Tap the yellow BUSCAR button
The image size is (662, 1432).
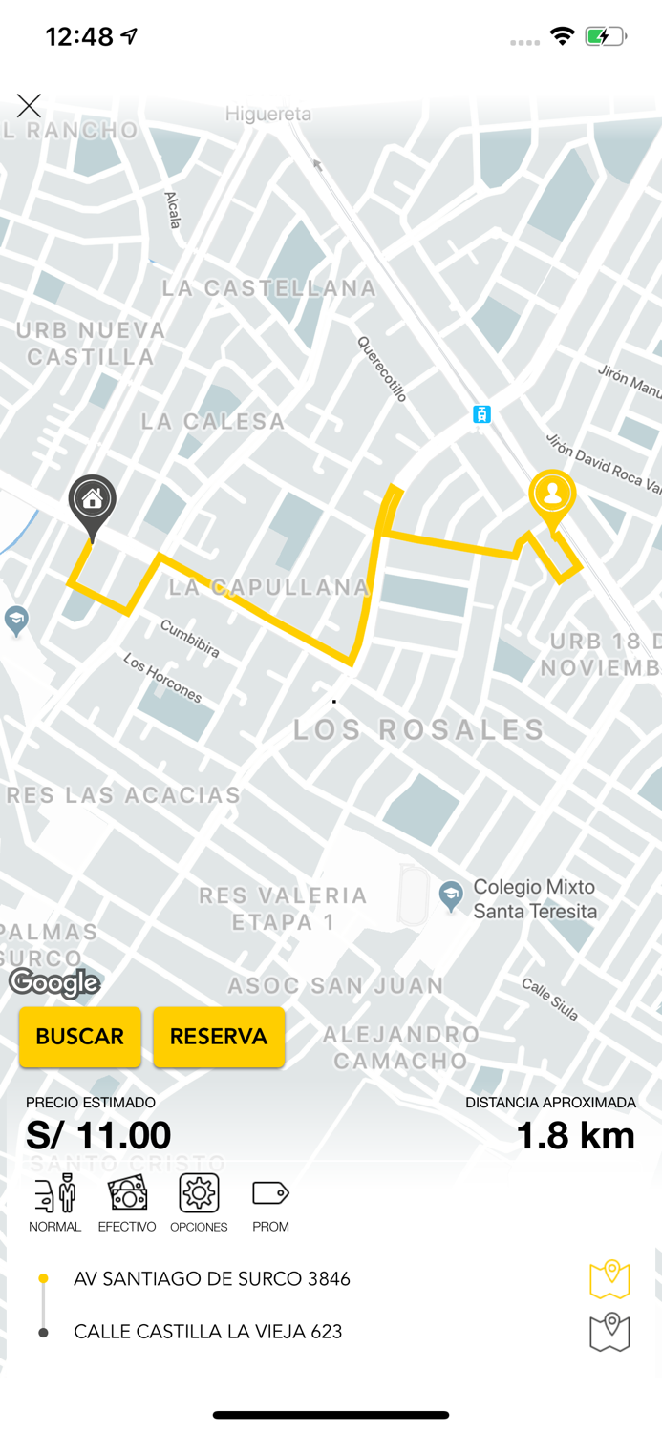(x=80, y=1037)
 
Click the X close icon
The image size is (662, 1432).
(x=29, y=106)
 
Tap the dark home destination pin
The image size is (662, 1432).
(x=92, y=501)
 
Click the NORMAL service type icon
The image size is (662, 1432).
(x=54, y=1194)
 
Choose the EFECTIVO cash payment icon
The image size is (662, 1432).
(x=127, y=1194)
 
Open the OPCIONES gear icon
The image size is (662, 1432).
(x=199, y=1194)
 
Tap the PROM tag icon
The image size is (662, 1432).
(x=270, y=1194)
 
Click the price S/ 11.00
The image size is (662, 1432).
(x=98, y=1135)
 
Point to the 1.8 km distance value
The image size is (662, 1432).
(x=575, y=1135)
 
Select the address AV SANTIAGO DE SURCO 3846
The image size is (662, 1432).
(x=212, y=1279)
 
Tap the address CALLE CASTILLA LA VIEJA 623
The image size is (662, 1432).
(x=207, y=1332)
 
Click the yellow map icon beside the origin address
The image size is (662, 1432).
(x=609, y=1279)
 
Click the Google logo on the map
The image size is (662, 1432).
(x=54, y=983)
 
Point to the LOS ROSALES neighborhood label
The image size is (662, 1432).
(x=418, y=730)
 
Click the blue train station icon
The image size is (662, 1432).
(x=482, y=414)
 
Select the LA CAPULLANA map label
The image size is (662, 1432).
(x=269, y=587)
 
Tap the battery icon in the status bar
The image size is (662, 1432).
(x=606, y=37)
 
